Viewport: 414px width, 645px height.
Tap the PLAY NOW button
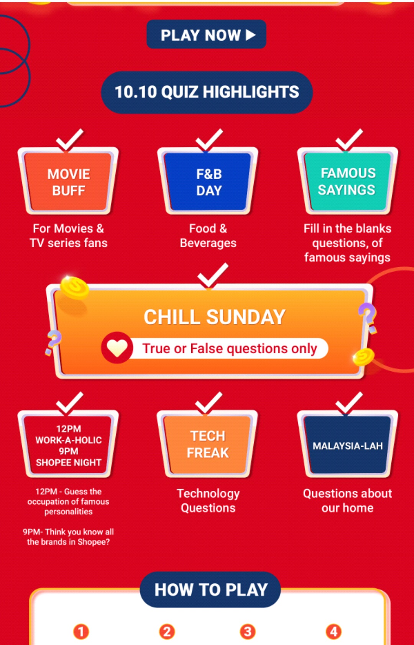[x=206, y=34]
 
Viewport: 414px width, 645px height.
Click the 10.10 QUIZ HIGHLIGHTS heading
[x=207, y=92]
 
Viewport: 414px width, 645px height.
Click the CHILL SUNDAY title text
[x=215, y=317]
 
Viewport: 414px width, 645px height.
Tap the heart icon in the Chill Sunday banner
[x=117, y=348]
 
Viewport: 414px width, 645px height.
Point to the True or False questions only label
[x=230, y=348]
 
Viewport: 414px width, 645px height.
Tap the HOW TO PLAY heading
[x=210, y=589]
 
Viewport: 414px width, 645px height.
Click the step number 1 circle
[x=81, y=632]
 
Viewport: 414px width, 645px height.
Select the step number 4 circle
[x=333, y=632]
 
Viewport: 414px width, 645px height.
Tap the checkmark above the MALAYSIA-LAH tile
[x=348, y=403]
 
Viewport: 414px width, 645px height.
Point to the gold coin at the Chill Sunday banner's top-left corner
[x=74, y=287]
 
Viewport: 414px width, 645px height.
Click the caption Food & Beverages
[x=208, y=236]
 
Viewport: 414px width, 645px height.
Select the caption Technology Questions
[x=208, y=501]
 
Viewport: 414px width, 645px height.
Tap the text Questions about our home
[x=347, y=501]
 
